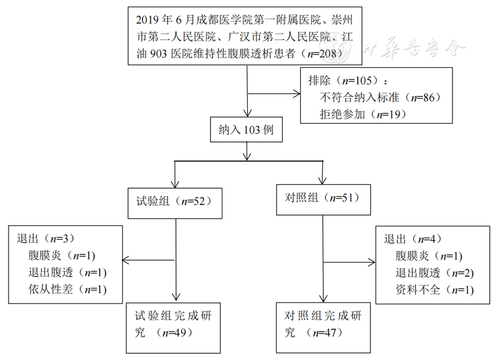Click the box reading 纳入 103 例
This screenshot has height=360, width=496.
click(246, 129)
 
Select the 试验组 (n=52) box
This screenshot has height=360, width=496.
click(175, 202)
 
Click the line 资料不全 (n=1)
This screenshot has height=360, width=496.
click(434, 290)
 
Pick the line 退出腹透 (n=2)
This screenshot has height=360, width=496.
click(434, 273)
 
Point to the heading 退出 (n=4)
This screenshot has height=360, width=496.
click(413, 239)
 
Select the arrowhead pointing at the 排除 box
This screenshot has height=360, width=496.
click(297, 94)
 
